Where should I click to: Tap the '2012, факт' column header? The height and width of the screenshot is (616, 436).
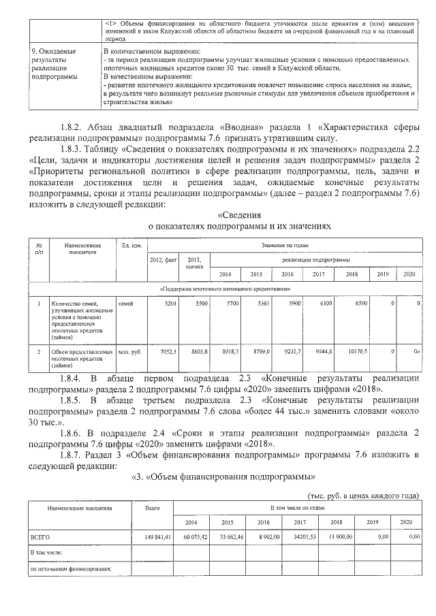[163, 260]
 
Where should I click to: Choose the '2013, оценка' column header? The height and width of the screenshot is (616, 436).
[195, 263]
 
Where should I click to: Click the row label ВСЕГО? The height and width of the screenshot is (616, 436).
[40, 537]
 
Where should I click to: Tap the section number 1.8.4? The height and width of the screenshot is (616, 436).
[72, 377]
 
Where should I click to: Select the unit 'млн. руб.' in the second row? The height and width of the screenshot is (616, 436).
[129, 351]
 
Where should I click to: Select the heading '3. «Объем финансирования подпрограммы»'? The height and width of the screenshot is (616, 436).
[223, 476]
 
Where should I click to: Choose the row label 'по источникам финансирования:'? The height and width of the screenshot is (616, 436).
[70, 568]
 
